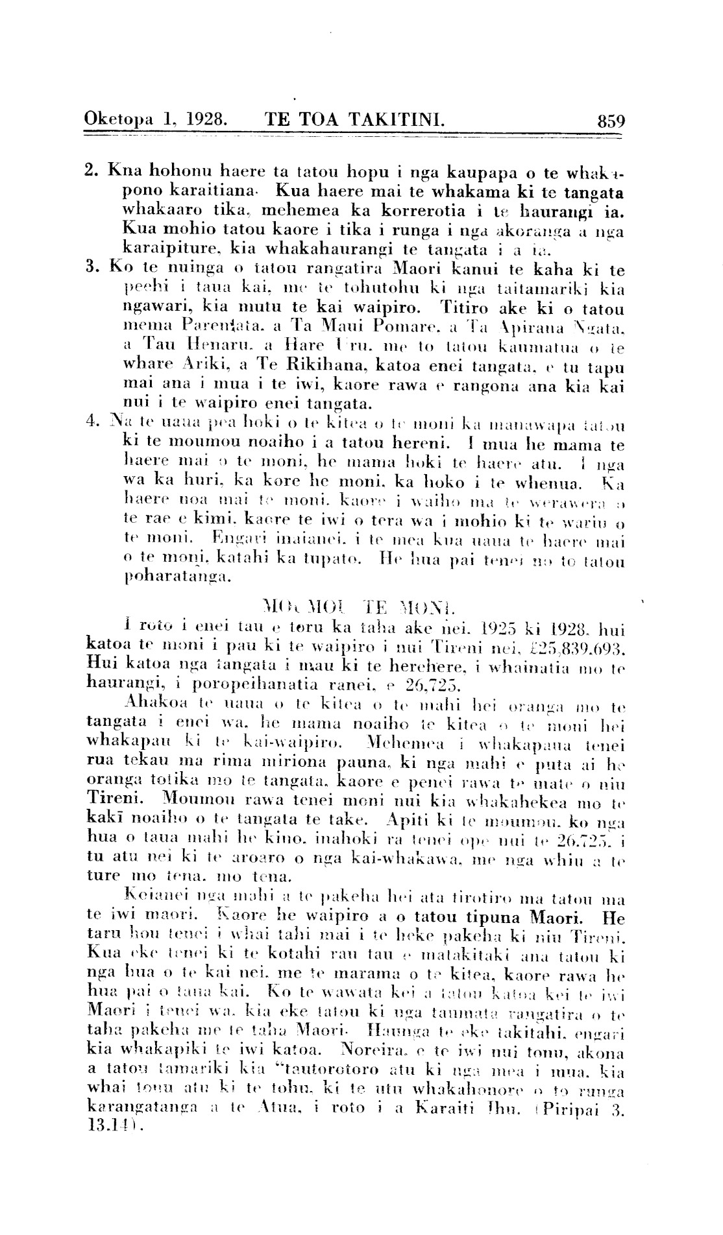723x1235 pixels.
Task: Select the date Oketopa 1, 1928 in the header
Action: click(x=155, y=119)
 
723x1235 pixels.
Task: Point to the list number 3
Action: click(x=90, y=268)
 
